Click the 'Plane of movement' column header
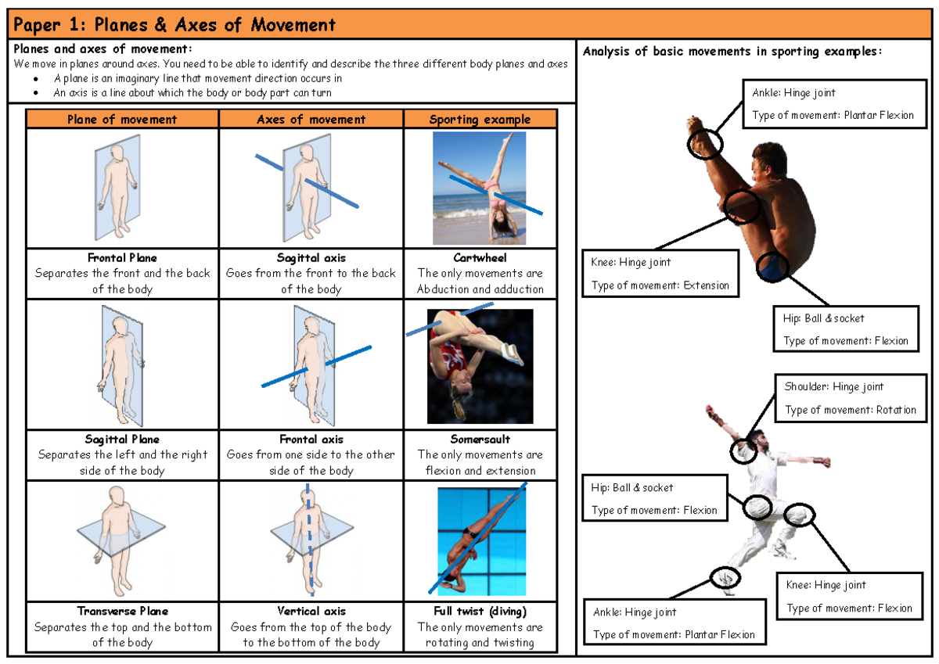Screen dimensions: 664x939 coord(122,120)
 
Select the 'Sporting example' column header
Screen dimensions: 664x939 coord(480,120)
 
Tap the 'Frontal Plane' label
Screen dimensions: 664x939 coord(122,258)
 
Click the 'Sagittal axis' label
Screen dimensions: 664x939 coord(311,258)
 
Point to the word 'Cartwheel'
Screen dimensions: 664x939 coord(480,258)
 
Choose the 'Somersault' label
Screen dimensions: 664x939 coord(480,440)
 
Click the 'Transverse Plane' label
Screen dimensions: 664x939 coord(122,612)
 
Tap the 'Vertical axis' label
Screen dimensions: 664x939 coord(311,612)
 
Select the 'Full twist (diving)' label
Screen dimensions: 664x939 coord(480,612)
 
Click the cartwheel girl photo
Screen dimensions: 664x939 coord(479,188)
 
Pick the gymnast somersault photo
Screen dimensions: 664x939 coord(480,366)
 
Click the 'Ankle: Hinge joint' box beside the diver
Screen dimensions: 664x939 coord(833,104)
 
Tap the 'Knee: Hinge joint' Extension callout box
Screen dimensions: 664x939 coord(660,274)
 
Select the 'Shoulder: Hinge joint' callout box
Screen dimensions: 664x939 coord(850,398)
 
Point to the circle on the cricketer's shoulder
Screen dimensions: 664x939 coord(743,450)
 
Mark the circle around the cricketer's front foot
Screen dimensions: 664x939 coord(724,578)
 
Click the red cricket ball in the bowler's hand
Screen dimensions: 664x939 coord(710,410)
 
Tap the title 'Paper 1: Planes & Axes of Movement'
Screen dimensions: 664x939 coord(175,25)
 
